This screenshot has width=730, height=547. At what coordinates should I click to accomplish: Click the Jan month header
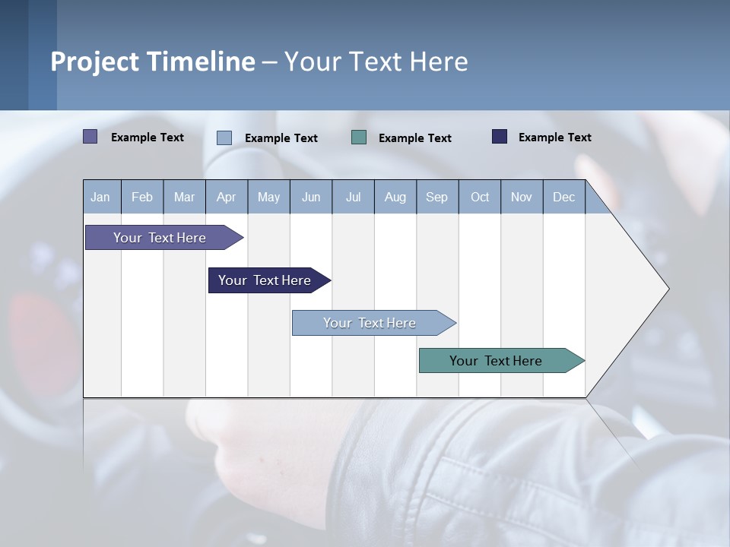coord(100,197)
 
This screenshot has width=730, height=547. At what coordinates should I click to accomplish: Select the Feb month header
coord(142,197)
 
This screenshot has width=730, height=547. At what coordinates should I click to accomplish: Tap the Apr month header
coord(226,197)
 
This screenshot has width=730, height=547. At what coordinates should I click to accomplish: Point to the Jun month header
coord(311,197)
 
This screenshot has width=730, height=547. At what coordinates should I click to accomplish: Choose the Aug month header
coord(395,197)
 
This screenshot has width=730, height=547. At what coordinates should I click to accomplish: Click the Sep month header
coord(436,197)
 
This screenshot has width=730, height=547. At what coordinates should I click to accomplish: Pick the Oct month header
coord(480,197)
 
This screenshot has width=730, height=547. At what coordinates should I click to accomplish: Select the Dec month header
coord(563,197)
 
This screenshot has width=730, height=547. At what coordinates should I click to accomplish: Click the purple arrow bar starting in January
coord(160,238)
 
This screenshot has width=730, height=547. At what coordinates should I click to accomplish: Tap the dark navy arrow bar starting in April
coord(265,280)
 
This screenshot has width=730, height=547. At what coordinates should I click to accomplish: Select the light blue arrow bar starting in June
coord(370,323)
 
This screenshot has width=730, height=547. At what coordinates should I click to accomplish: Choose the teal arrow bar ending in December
coord(497,361)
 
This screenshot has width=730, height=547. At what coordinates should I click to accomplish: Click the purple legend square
coord(90,137)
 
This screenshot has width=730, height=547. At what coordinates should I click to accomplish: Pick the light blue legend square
coord(224,138)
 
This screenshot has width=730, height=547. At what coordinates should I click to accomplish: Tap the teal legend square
coord(359,137)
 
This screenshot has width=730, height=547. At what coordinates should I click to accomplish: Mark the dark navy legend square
coord(500,137)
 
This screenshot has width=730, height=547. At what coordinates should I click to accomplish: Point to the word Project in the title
coord(96,62)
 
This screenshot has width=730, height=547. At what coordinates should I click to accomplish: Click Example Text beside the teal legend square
coord(415,138)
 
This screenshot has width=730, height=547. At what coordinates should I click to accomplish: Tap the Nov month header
coord(522,197)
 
